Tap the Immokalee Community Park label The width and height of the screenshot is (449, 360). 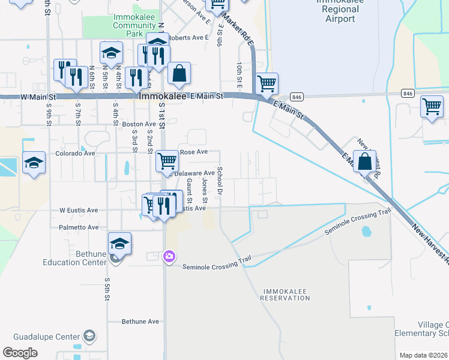[134, 22]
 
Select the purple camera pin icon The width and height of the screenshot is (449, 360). [170, 257]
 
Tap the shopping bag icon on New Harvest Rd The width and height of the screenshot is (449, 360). [364, 162]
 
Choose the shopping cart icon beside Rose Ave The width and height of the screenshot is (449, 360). [167, 161]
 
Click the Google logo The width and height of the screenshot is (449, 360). [20, 353]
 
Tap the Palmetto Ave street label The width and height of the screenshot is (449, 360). [79, 227]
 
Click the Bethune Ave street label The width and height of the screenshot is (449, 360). [140, 322]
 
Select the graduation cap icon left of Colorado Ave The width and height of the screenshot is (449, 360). [34, 163]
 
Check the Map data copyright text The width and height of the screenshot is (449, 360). [423, 355]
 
